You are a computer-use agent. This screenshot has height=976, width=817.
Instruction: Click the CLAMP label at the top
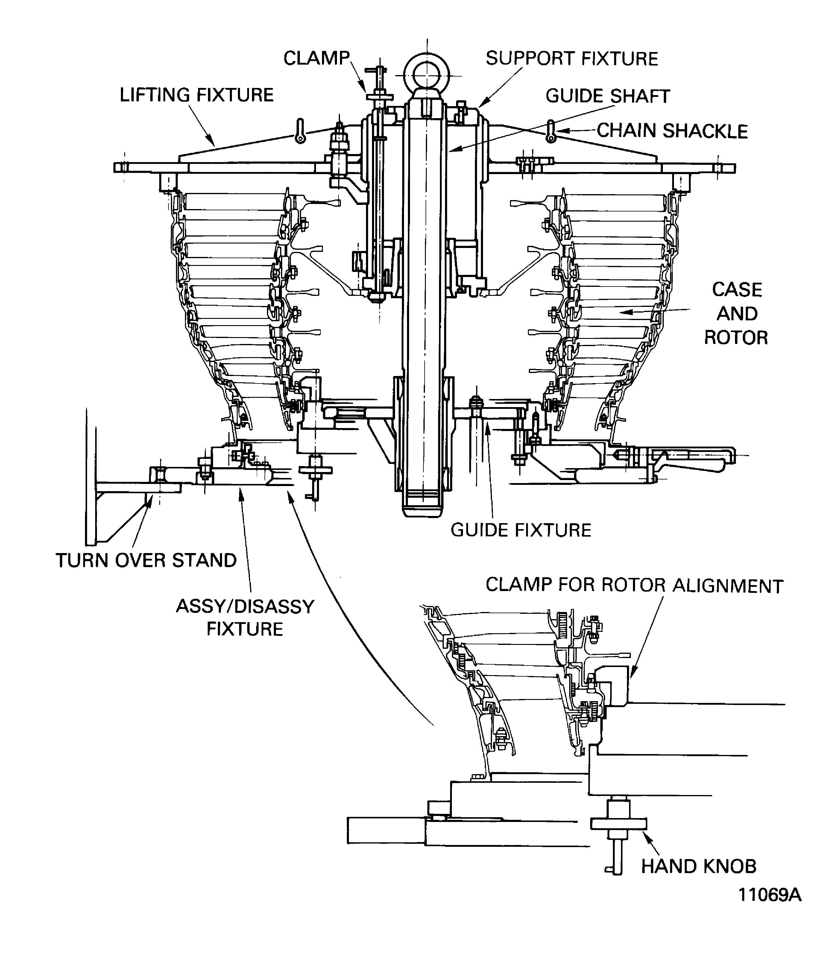point(316,59)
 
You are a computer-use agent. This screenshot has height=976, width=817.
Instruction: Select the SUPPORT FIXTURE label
point(572,59)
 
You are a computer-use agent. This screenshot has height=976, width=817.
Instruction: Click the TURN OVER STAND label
point(146,561)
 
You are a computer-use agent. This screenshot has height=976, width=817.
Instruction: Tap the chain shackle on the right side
point(551,132)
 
